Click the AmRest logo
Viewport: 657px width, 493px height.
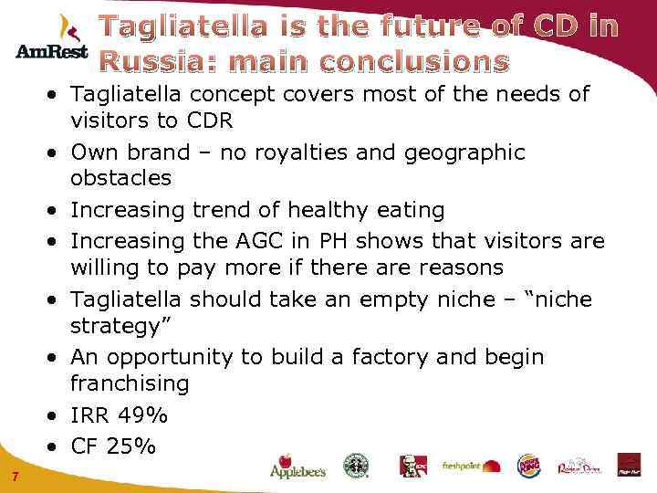(51, 40)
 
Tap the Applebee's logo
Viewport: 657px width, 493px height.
(297, 467)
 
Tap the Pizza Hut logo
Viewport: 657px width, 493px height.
(629, 466)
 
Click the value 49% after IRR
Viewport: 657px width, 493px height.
(145, 415)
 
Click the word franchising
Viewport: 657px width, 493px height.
(130, 383)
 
